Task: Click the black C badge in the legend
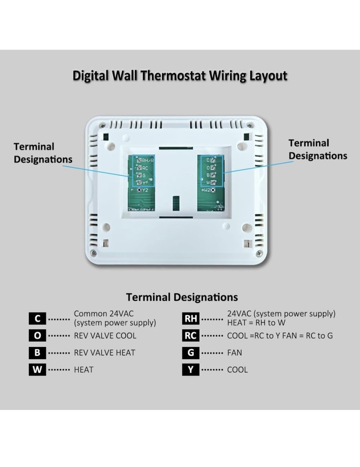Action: pos(37,318)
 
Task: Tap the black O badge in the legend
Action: pos(37,335)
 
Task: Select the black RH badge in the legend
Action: pos(191,318)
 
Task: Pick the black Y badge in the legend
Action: pos(191,369)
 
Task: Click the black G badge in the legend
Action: pos(191,353)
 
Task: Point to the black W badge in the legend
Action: pos(37,369)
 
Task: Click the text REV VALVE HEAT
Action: pos(104,353)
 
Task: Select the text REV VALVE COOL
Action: pos(105,335)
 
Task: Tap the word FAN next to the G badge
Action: pos(234,353)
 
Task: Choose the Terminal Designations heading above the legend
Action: pos(182,297)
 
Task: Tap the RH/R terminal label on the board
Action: pos(147,160)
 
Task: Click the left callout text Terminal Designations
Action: pos(43,153)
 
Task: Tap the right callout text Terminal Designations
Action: pos(318,149)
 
